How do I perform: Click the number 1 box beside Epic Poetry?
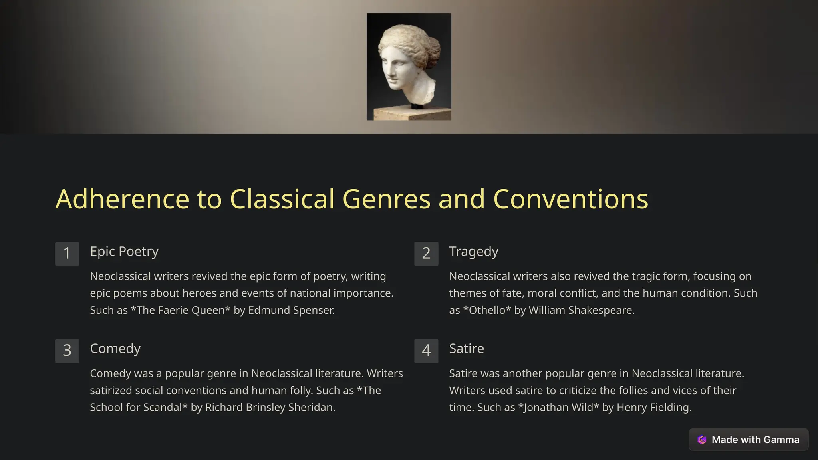(x=67, y=254)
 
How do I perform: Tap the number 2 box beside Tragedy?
(x=426, y=254)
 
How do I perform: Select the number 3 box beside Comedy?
(x=67, y=351)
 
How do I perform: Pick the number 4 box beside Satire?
(x=426, y=351)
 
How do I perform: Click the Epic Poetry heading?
(x=124, y=252)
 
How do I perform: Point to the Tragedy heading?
(x=474, y=252)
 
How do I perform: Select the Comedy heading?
(x=115, y=349)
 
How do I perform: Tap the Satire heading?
(x=467, y=349)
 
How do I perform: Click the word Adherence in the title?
(x=122, y=199)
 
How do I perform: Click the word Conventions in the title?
(x=570, y=199)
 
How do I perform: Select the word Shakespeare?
(x=601, y=310)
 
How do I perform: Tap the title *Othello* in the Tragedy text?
(x=487, y=310)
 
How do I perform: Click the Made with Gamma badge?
(x=748, y=440)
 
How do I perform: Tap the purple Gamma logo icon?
(x=702, y=440)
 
